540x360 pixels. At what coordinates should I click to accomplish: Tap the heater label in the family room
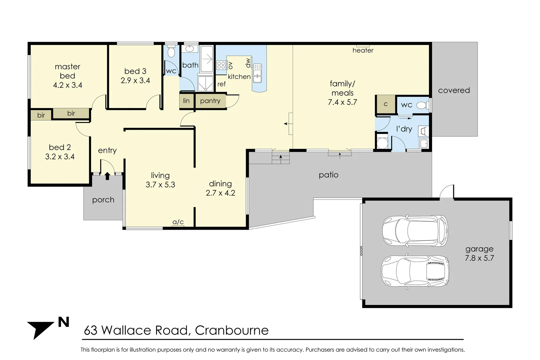(363, 50)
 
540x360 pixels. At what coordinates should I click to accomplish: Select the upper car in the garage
(415, 231)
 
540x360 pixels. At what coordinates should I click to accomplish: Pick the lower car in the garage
(415, 271)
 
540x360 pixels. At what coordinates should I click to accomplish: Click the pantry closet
(210, 101)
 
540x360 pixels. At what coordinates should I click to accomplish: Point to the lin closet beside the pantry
(186, 101)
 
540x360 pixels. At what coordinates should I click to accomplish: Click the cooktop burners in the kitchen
(221, 65)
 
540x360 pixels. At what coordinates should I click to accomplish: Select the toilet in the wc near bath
(171, 52)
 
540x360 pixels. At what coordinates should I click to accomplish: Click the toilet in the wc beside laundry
(422, 105)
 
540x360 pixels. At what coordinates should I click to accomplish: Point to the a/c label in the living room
(178, 222)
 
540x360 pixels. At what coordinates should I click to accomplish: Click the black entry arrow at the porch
(107, 176)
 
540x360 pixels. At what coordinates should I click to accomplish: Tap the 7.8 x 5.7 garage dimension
(479, 258)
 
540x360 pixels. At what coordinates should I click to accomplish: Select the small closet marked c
(385, 104)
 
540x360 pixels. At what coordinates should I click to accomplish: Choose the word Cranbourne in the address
(232, 330)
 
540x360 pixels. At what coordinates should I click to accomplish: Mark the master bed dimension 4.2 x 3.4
(68, 85)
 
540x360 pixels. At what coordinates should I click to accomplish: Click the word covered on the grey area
(454, 90)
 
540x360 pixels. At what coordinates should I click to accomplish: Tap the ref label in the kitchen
(221, 84)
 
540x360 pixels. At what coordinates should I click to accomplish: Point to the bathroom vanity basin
(189, 49)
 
